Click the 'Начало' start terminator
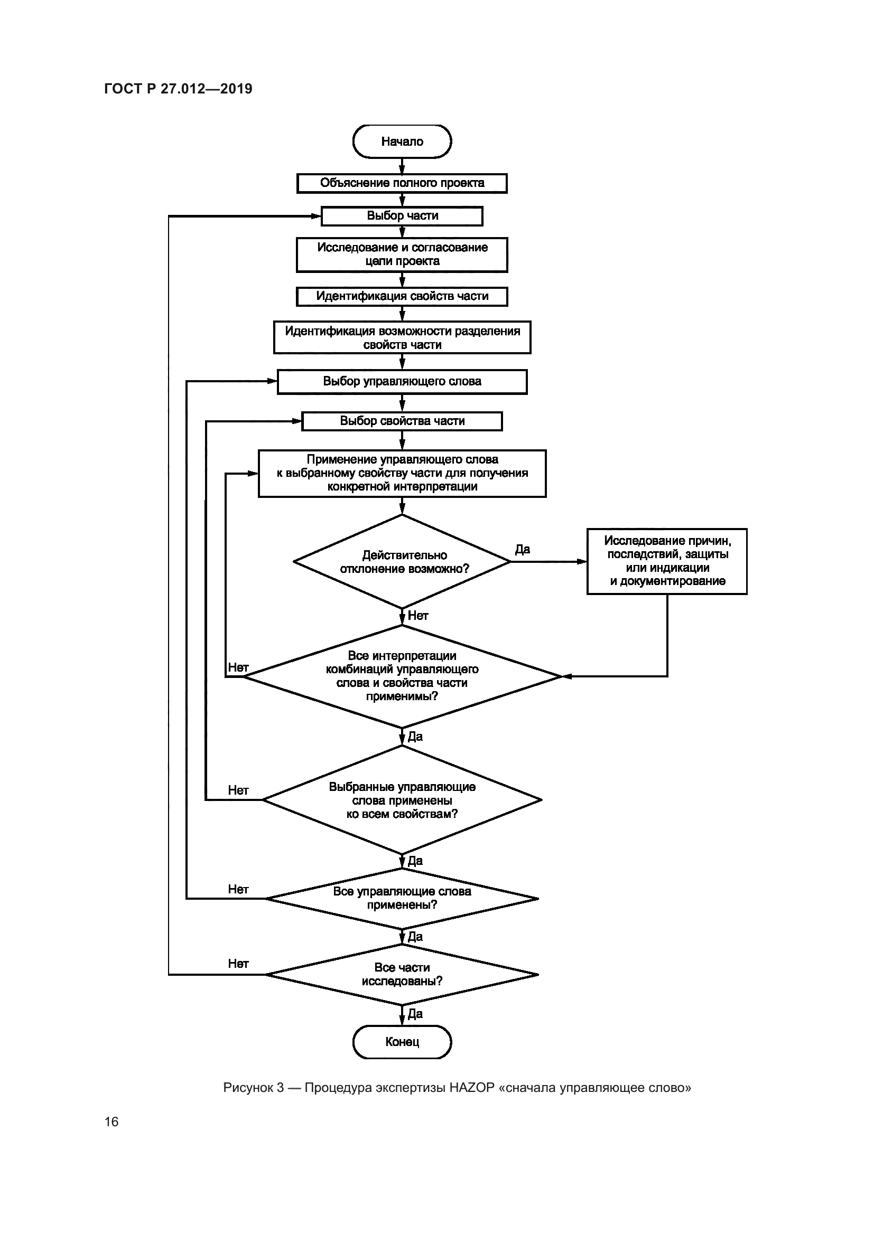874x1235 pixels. pos(402,142)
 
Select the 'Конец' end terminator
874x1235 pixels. pos(402,1042)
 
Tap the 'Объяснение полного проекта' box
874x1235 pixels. pos(402,183)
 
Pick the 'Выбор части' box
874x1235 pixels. pos(402,216)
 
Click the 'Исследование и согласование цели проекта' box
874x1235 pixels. pos(402,254)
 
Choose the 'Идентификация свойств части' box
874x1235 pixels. pos(402,296)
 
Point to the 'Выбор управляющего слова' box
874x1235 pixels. pos(402,381)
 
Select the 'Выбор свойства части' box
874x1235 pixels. pos(402,421)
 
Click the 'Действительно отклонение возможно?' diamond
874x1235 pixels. pos(402,562)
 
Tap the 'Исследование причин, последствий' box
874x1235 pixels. pos(667,561)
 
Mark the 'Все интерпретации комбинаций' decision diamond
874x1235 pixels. pos(402,676)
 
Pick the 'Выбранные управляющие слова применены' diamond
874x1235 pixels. pos(402,800)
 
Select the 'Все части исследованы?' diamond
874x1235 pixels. pos(402,974)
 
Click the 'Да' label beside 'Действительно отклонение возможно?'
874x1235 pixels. pos(523,549)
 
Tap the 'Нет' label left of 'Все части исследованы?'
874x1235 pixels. pos(238,964)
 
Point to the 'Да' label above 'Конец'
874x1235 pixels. pos(415,1014)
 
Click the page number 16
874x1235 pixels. pos(111,1121)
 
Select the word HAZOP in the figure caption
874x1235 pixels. pos(471,1088)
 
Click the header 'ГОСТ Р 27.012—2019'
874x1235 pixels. pos(178,89)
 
